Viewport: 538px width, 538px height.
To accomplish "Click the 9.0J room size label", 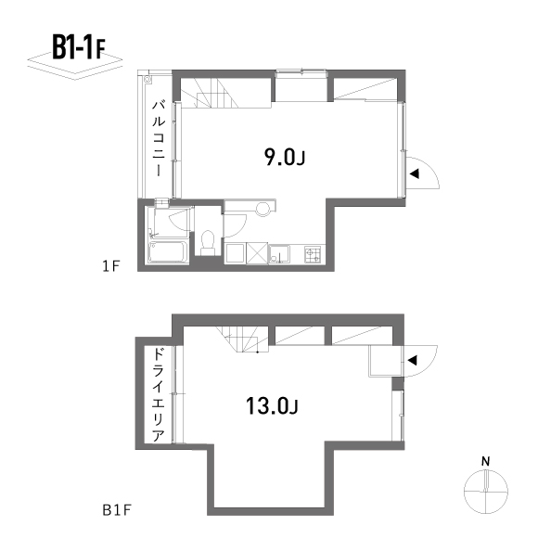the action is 285,158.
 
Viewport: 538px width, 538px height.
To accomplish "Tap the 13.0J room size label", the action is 272,406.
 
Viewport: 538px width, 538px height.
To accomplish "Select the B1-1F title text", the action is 79,47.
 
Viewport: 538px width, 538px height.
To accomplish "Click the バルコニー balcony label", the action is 159,138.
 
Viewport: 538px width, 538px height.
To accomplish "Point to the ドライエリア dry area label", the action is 159,394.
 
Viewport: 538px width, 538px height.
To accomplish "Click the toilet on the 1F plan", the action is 207,243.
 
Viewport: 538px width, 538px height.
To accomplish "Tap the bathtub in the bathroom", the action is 168,252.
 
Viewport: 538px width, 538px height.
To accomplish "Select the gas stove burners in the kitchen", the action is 313,254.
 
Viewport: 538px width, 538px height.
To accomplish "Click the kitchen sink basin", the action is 279,254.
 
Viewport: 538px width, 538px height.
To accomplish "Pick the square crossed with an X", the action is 257,253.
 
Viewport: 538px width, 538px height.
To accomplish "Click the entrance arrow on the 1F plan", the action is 415,173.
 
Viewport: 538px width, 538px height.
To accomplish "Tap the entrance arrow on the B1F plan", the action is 412,360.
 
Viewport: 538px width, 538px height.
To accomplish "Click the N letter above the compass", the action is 485,462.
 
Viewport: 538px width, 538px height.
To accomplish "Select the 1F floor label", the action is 110,266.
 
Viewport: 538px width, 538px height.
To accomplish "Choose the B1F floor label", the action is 117,510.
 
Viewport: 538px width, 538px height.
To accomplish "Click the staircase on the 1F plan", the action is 210,93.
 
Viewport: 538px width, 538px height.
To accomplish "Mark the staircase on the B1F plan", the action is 242,339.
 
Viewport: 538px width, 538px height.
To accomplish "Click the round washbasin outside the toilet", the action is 263,209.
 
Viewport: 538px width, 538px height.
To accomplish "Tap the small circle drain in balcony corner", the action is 147,80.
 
